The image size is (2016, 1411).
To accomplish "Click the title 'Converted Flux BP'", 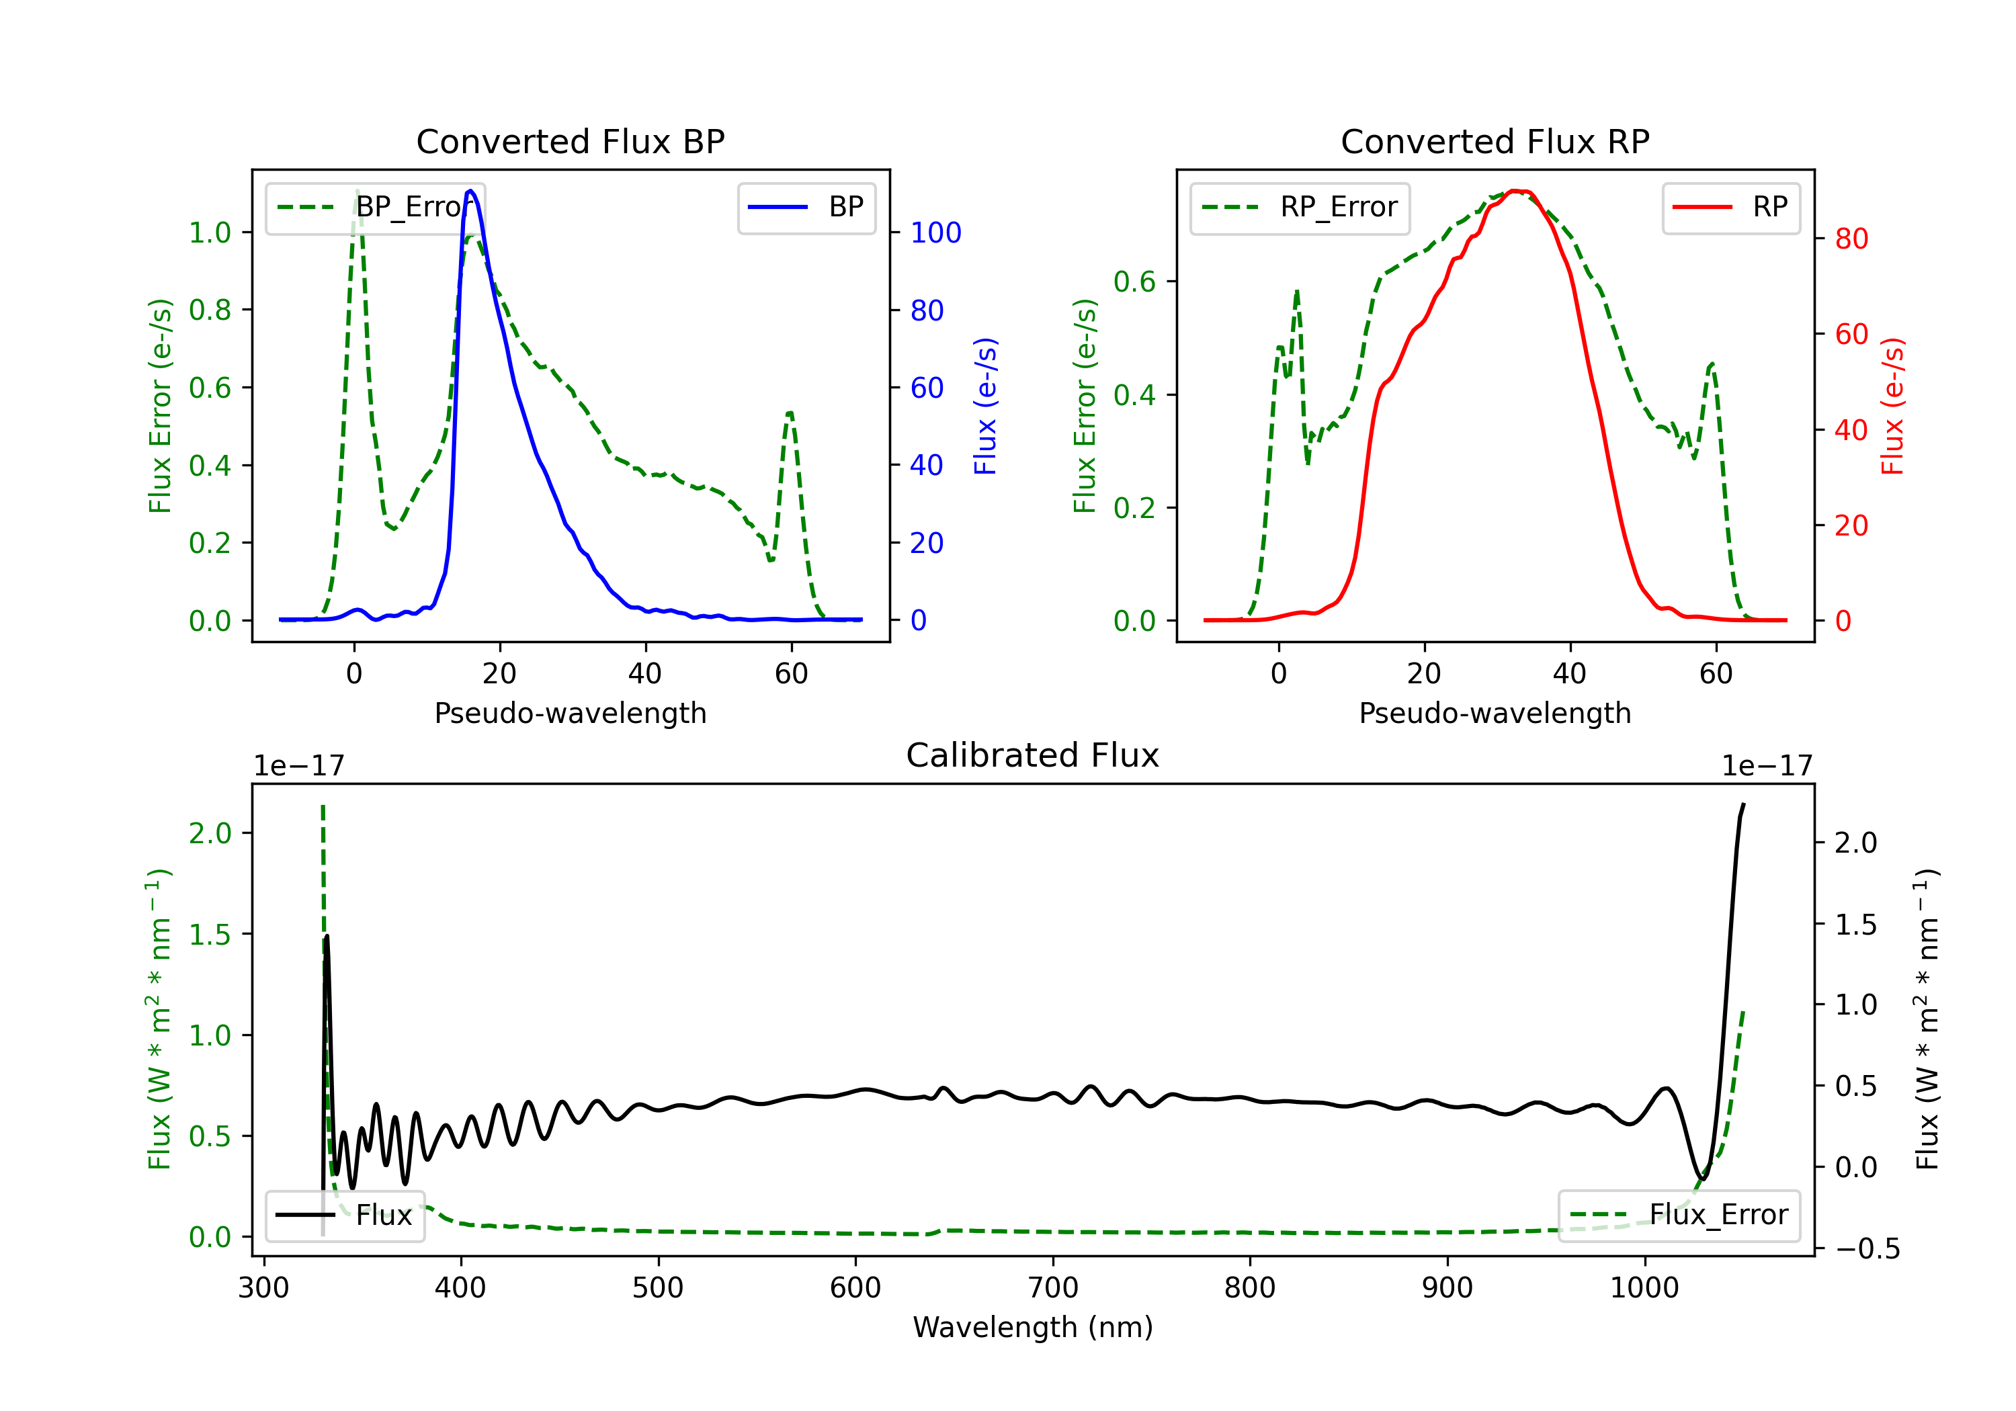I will click(x=570, y=141).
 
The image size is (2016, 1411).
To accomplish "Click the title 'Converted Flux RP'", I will click(x=1495, y=141).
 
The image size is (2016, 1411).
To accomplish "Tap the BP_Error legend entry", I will click(x=376, y=207).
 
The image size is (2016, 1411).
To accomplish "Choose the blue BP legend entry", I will click(x=806, y=207).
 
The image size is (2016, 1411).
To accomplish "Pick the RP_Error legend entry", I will click(x=1300, y=207).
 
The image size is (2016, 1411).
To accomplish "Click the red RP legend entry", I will click(x=1730, y=207).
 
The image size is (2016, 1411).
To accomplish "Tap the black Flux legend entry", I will click(x=345, y=1215).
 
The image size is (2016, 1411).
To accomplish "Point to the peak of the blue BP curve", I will click(x=470, y=191).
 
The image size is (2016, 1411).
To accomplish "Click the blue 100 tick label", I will click(x=935, y=232).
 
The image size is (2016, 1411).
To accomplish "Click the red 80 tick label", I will click(x=1851, y=239).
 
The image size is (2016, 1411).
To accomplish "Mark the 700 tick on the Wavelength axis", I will click(x=1053, y=1287).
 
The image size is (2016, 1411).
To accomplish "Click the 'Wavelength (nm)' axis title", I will click(x=1033, y=1327).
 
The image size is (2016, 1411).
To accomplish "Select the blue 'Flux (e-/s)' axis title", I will click(x=985, y=406).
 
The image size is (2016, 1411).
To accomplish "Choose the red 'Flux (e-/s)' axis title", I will click(x=1892, y=406).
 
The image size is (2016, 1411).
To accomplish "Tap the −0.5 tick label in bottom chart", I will click(x=1867, y=1248).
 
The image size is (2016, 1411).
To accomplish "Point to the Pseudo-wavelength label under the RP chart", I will click(x=1495, y=713).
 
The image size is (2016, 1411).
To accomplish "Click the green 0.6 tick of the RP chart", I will click(x=1134, y=282).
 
